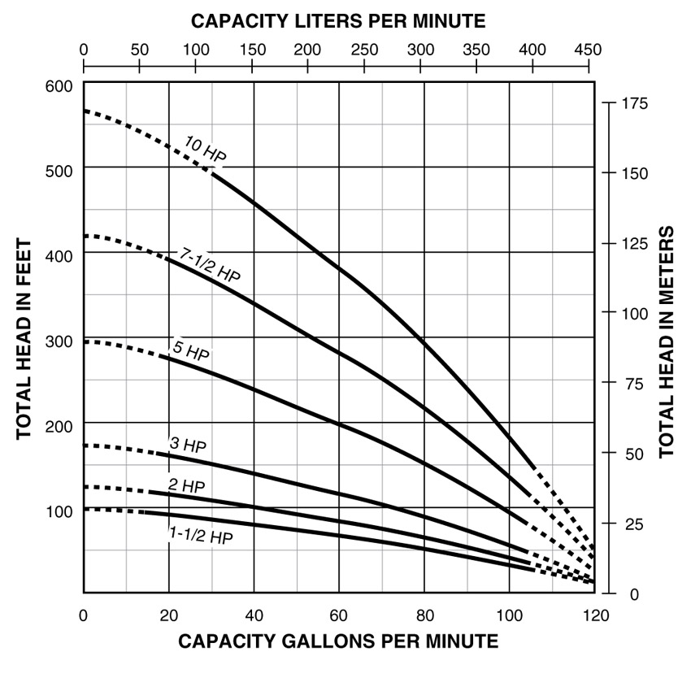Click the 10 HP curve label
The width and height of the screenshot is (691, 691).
[x=205, y=150]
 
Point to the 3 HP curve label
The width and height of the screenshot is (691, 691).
[x=188, y=445]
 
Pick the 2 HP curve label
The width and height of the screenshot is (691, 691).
[x=186, y=485]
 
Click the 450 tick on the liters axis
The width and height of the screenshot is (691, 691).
[x=588, y=50]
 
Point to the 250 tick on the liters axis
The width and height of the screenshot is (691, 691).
[x=363, y=50]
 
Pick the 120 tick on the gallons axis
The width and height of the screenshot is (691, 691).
[x=596, y=615]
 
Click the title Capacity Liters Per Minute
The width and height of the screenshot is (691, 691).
[x=338, y=20]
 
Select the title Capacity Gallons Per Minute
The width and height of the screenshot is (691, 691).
[x=338, y=641]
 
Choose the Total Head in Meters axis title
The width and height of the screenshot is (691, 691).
[x=667, y=341]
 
